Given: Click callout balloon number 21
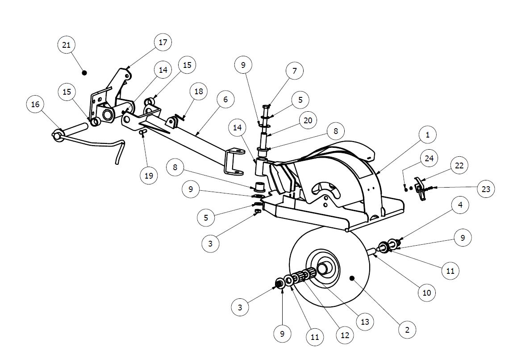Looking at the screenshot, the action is (x=66, y=45).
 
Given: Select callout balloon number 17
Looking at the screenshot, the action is (x=163, y=42).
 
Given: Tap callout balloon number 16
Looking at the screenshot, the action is (x=35, y=105).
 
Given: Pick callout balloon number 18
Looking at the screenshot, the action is (x=199, y=92).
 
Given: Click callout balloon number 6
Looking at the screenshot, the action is (x=226, y=100).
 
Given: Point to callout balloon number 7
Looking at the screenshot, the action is (x=295, y=71).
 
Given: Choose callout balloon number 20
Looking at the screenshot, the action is (x=308, y=121).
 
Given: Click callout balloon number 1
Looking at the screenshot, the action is (x=428, y=135).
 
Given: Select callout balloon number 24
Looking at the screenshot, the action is (x=429, y=159).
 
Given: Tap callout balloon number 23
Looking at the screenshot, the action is (x=486, y=189).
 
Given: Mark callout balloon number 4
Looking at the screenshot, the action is (x=460, y=205).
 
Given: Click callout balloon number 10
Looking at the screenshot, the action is (x=426, y=293).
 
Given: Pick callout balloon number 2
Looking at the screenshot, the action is (x=407, y=330).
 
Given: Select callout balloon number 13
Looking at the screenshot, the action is (x=365, y=322).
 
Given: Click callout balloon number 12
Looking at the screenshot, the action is (x=345, y=335).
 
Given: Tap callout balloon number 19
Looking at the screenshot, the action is (x=149, y=176).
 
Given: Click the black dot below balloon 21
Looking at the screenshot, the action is (x=84, y=73).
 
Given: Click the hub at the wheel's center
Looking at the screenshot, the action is (x=323, y=268).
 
